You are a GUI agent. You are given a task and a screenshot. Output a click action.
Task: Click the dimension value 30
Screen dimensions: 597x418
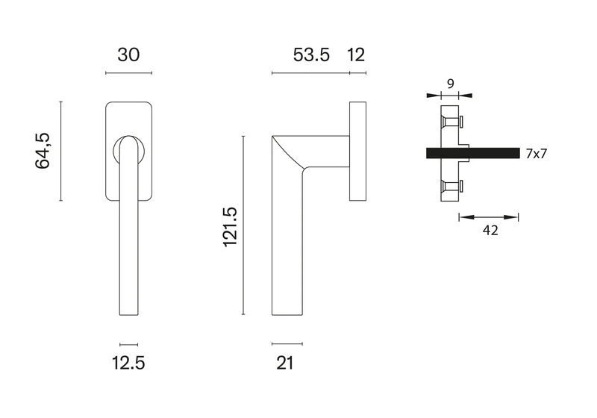(128, 54)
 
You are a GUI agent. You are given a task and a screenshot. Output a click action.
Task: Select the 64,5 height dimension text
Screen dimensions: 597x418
(43, 151)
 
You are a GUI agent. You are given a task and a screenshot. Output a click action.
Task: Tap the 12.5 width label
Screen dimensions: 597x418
(128, 363)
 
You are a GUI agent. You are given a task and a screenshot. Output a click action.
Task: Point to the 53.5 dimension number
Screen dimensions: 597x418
(311, 54)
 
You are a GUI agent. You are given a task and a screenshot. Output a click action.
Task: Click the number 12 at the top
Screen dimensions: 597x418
(357, 54)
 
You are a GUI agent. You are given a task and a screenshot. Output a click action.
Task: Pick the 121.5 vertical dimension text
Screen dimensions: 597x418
(231, 227)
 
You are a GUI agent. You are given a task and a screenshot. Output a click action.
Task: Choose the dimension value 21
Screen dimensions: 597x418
(285, 363)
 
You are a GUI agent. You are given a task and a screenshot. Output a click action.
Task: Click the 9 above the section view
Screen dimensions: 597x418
(451, 84)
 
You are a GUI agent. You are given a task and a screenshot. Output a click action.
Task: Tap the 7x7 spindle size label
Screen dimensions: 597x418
(536, 154)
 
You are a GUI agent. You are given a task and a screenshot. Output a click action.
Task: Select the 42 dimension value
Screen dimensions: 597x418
(490, 231)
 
